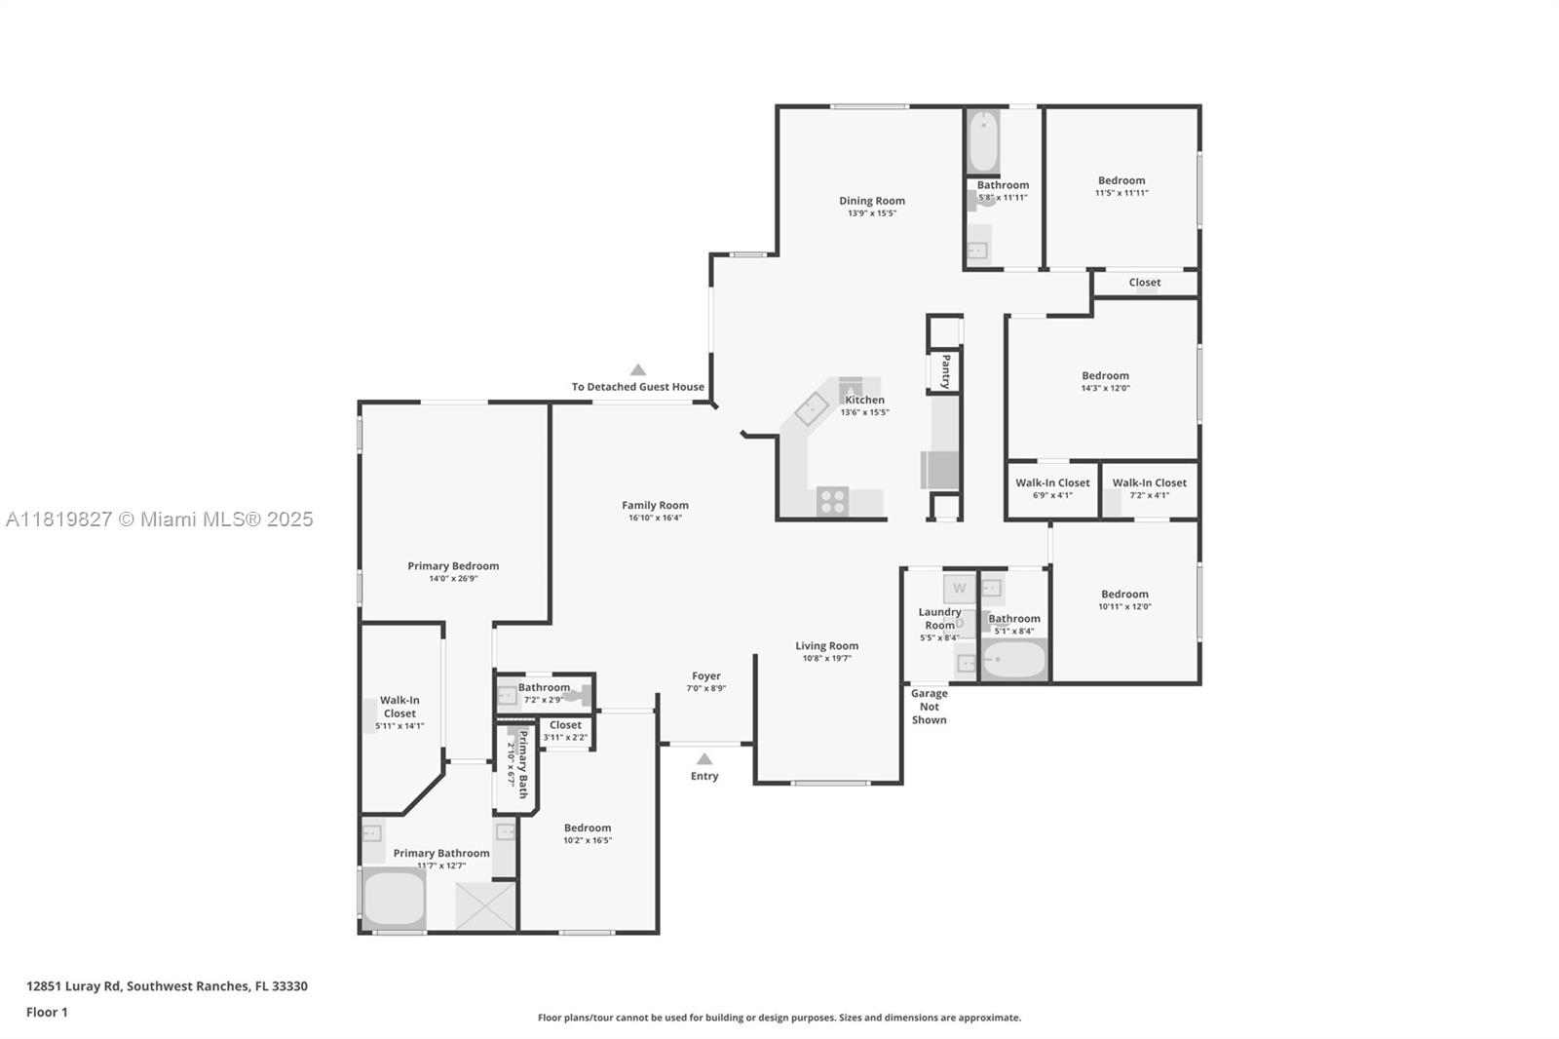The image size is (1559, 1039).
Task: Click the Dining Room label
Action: (871, 201)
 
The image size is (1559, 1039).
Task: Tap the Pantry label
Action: (946, 371)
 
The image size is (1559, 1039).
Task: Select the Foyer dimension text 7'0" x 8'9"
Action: (705, 688)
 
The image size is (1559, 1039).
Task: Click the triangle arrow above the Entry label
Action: (704, 758)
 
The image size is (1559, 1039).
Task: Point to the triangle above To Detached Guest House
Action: (637, 369)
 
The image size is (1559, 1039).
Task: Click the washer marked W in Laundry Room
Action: (959, 589)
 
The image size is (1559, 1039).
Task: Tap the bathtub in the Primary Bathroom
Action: (394, 899)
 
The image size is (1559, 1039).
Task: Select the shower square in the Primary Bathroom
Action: (486, 905)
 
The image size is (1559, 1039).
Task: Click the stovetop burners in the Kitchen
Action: (832, 501)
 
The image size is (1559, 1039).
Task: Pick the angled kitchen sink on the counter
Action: (813, 408)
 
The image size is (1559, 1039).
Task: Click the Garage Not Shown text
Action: (930, 706)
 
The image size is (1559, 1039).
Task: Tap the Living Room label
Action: (827, 645)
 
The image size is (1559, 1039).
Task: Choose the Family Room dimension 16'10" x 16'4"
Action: (655, 518)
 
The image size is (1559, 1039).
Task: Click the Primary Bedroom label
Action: (453, 565)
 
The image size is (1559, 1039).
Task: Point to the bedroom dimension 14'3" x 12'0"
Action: (1105, 388)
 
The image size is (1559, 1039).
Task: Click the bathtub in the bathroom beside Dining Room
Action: (983, 142)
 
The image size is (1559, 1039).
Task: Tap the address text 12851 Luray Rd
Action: (73, 986)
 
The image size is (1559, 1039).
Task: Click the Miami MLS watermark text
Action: (160, 519)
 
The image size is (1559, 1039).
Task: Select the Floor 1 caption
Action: (47, 1012)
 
